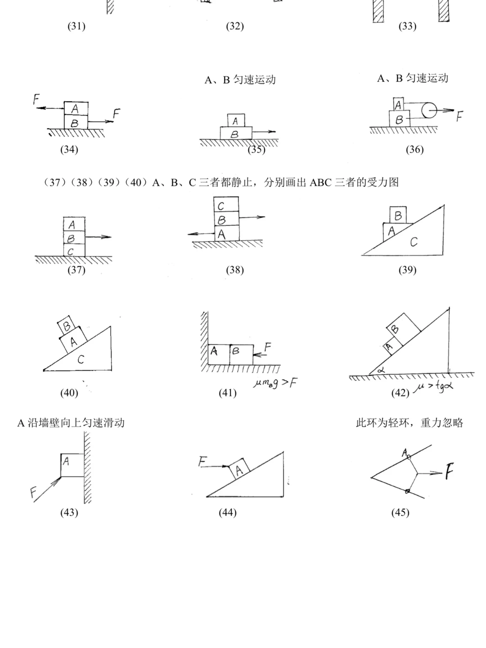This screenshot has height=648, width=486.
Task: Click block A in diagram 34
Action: click(76, 108)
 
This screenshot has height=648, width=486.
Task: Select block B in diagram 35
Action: click(236, 134)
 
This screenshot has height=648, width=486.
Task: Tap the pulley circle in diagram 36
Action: click(429, 109)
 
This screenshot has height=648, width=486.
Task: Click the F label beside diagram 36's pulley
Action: click(459, 117)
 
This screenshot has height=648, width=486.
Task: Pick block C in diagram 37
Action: click(73, 251)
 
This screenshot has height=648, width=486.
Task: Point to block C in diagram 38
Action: click(226, 206)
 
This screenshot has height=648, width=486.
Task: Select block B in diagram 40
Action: click(67, 325)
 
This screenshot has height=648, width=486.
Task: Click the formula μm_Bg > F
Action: click(275, 383)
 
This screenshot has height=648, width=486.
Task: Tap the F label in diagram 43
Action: click(34, 492)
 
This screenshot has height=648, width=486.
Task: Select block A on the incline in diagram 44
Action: click(239, 469)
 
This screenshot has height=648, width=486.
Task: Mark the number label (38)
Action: click(235, 270)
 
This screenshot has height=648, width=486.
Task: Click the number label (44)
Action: click(228, 513)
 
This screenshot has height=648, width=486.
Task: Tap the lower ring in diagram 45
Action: click(407, 491)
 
